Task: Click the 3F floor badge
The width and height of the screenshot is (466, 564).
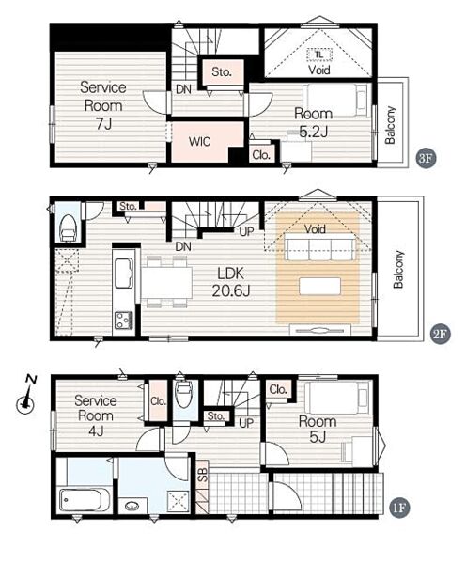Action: (427, 159)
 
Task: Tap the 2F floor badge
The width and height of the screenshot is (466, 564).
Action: (441, 334)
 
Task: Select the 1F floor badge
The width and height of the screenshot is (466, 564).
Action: (399, 508)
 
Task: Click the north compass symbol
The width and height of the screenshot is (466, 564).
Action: (26, 396)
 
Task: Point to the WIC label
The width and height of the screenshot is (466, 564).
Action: (199, 141)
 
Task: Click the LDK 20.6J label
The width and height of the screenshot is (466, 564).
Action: (231, 282)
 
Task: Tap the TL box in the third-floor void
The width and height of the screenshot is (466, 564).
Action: (318, 55)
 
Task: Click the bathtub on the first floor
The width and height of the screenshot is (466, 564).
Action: (85, 499)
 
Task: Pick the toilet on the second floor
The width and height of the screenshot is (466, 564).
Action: (68, 227)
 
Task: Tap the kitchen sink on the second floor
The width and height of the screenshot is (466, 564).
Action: (124, 273)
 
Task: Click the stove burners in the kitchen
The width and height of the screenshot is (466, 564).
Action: (124, 320)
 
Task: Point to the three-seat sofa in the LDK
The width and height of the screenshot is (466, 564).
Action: (319, 246)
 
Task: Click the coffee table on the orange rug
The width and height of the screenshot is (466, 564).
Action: (319, 286)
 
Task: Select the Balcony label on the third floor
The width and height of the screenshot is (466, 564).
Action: (390, 125)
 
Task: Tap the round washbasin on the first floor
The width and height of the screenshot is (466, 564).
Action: (132, 506)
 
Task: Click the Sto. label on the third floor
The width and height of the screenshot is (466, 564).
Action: (221, 72)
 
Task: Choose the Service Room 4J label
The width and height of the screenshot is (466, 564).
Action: (95, 415)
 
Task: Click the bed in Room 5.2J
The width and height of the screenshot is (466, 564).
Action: (336, 100)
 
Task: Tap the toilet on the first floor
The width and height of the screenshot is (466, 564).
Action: (183, 393)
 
